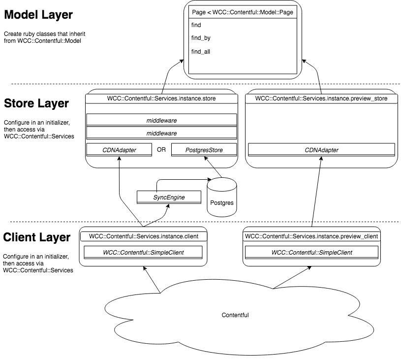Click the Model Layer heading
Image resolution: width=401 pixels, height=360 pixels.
(x=38, y=15)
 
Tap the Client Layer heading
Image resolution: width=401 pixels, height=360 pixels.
(x=37, y=237)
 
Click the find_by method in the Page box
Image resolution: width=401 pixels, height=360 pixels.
(x=199, y=37)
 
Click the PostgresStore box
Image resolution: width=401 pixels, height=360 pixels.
(x=204, y=149)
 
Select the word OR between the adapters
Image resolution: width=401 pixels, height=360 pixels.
(x=161, y=149)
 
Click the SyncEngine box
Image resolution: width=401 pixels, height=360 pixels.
(x=169, y=198)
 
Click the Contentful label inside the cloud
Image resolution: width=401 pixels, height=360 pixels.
(x=235, y=314)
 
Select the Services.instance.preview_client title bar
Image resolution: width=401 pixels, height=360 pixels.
(x=311, y=236)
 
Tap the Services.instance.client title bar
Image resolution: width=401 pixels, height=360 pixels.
(x=143, y=236)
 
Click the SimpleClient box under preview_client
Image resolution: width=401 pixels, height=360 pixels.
(x=311, y=253)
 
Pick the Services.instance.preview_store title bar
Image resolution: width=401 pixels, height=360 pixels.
(x=321, y=98)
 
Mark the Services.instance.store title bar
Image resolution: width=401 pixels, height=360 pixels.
(x=161, y=98)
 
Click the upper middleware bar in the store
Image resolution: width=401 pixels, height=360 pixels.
(x=161, y=120)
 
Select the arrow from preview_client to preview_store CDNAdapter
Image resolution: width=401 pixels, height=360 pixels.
(x=317, y=192)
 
